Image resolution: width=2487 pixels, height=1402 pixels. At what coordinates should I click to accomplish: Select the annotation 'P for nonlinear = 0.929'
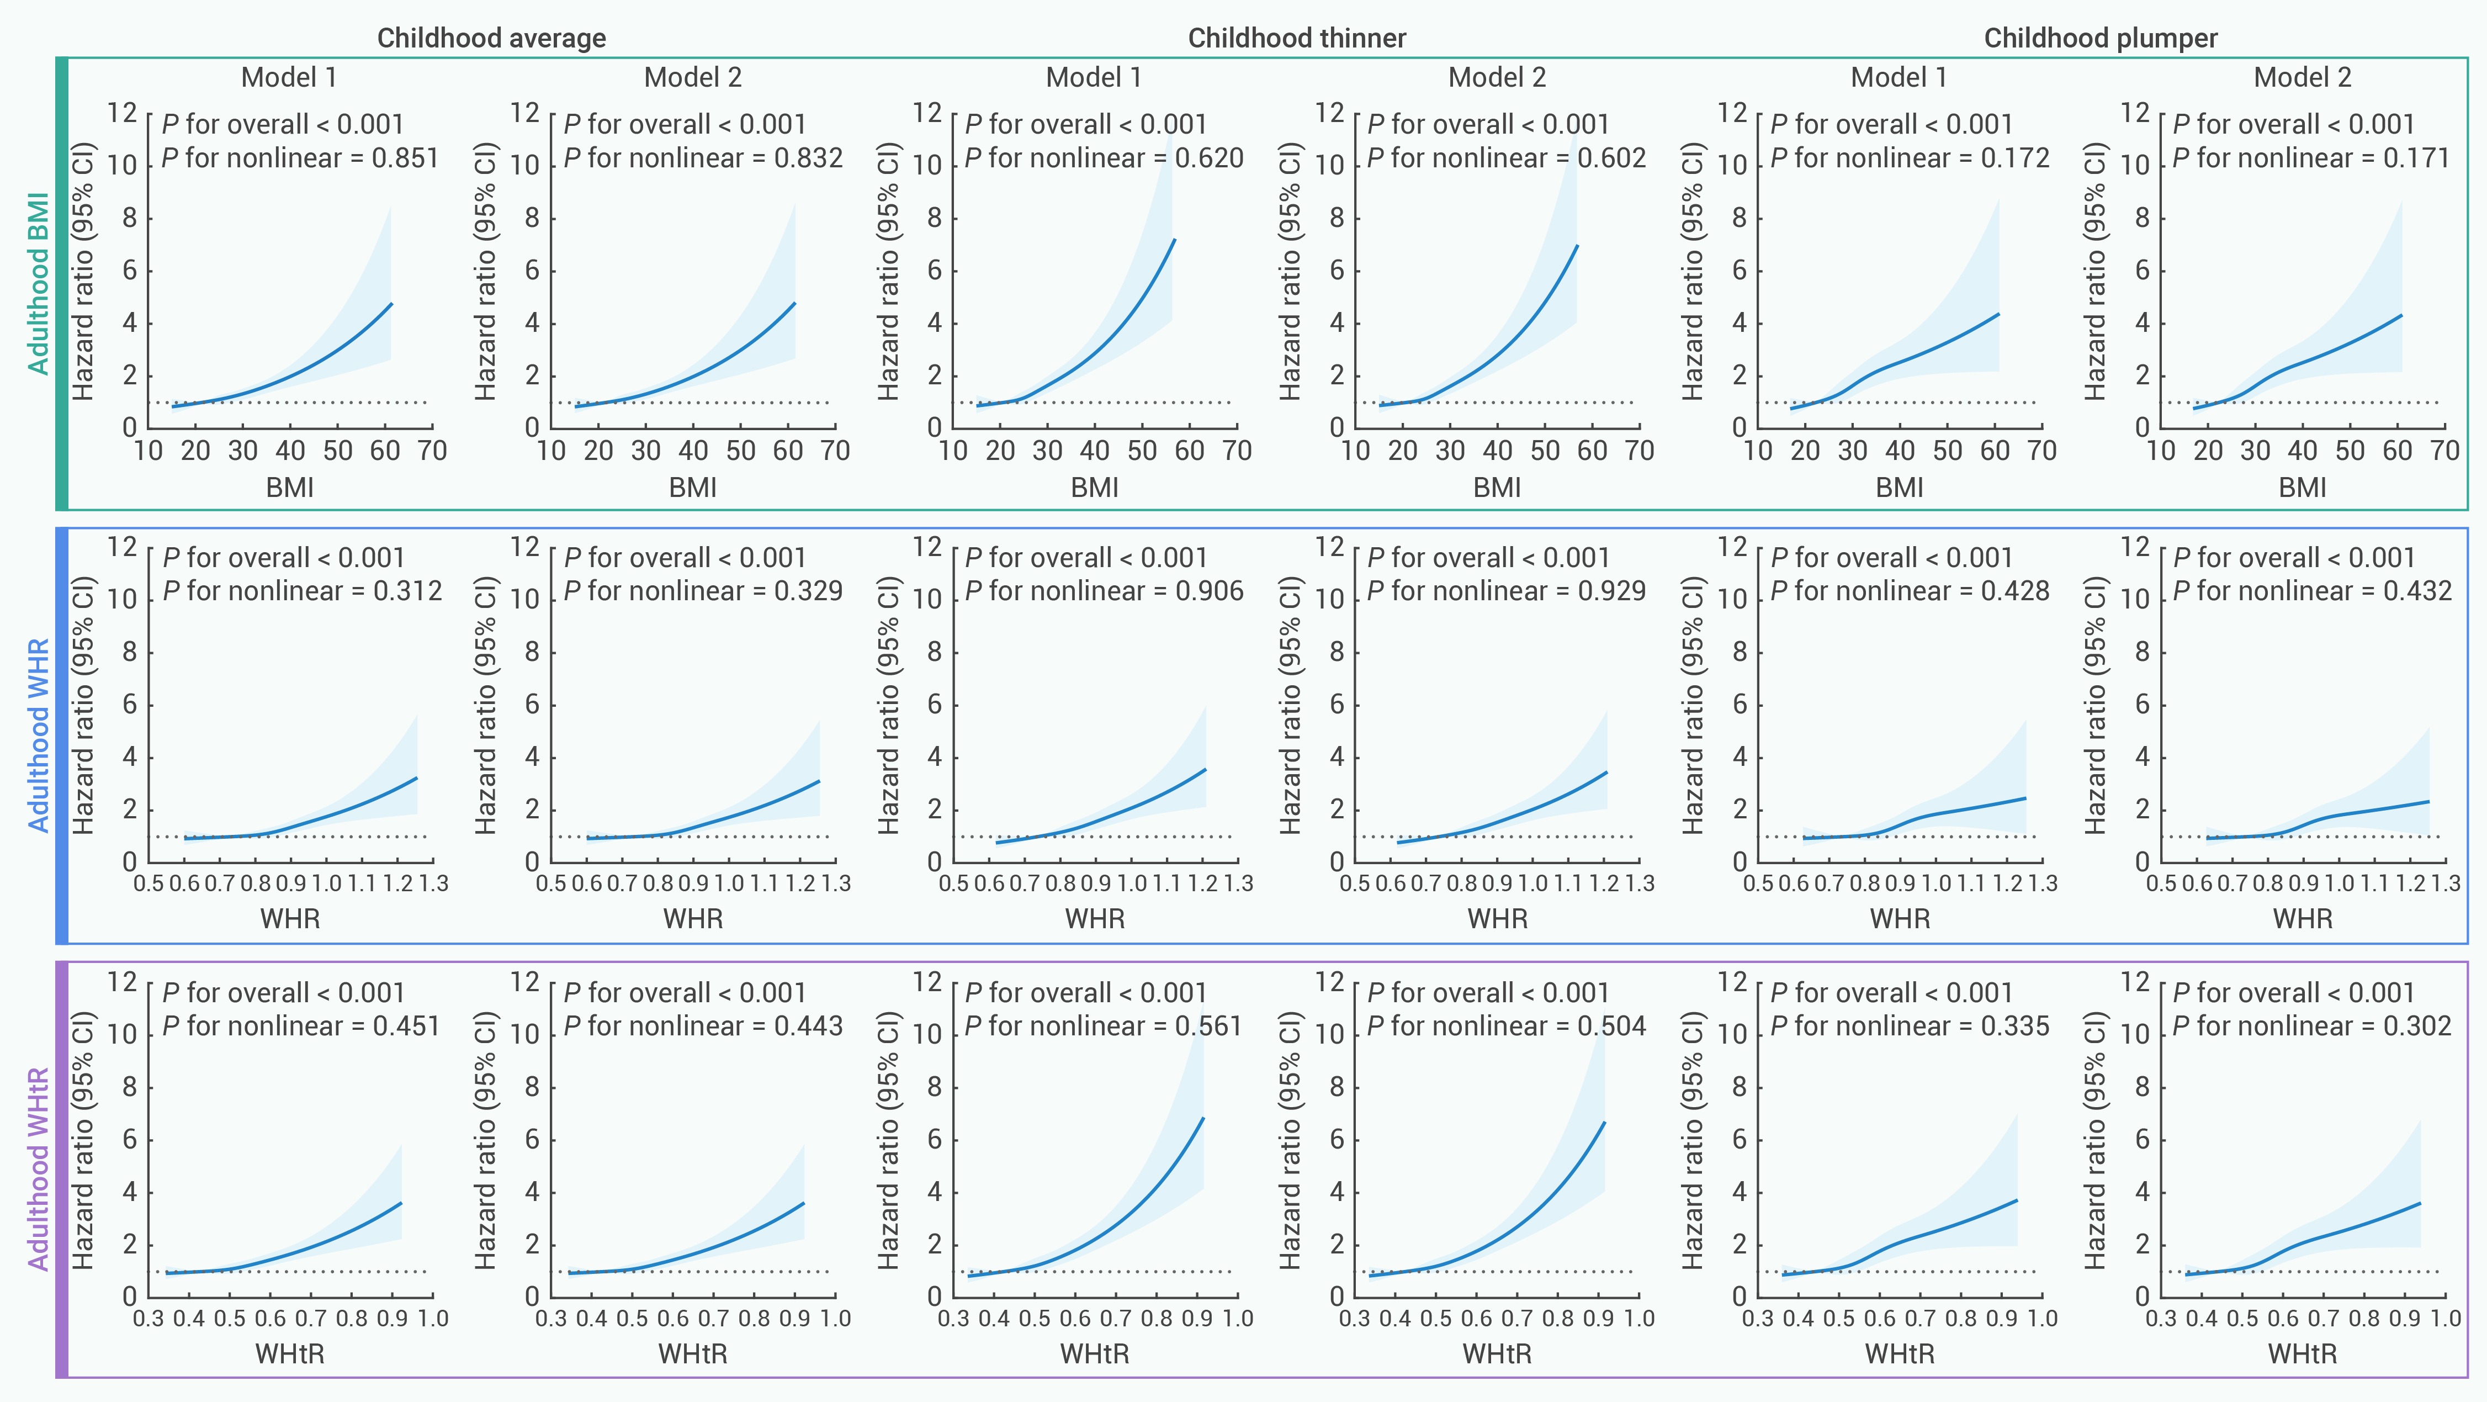(1506, 591)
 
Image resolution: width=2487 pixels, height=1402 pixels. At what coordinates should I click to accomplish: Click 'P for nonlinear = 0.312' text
(302, 591)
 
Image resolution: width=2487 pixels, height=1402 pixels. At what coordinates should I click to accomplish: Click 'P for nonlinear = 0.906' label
(1104, 591)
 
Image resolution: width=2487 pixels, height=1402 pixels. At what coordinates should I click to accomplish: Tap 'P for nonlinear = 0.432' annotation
(2311, 591)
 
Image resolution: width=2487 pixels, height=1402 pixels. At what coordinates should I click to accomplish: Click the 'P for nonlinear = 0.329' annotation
(703, 591)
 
